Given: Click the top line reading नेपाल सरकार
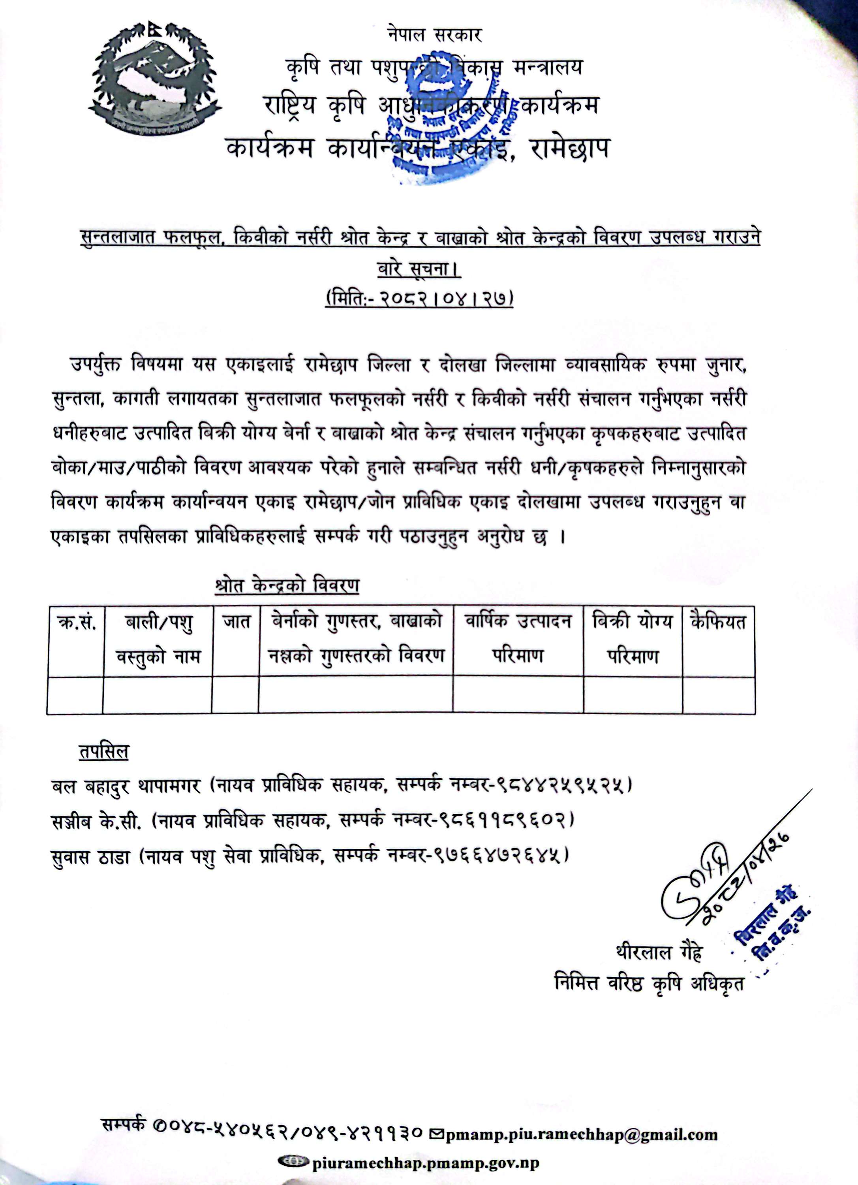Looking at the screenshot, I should [x=434, y=35].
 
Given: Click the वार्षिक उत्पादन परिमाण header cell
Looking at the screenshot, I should [x=518, y=638].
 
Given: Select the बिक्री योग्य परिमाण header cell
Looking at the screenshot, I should [x=633, y=638].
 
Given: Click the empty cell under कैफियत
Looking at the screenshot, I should [x=719, y=695].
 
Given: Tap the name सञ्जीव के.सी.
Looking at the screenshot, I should [x=97, y=820].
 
